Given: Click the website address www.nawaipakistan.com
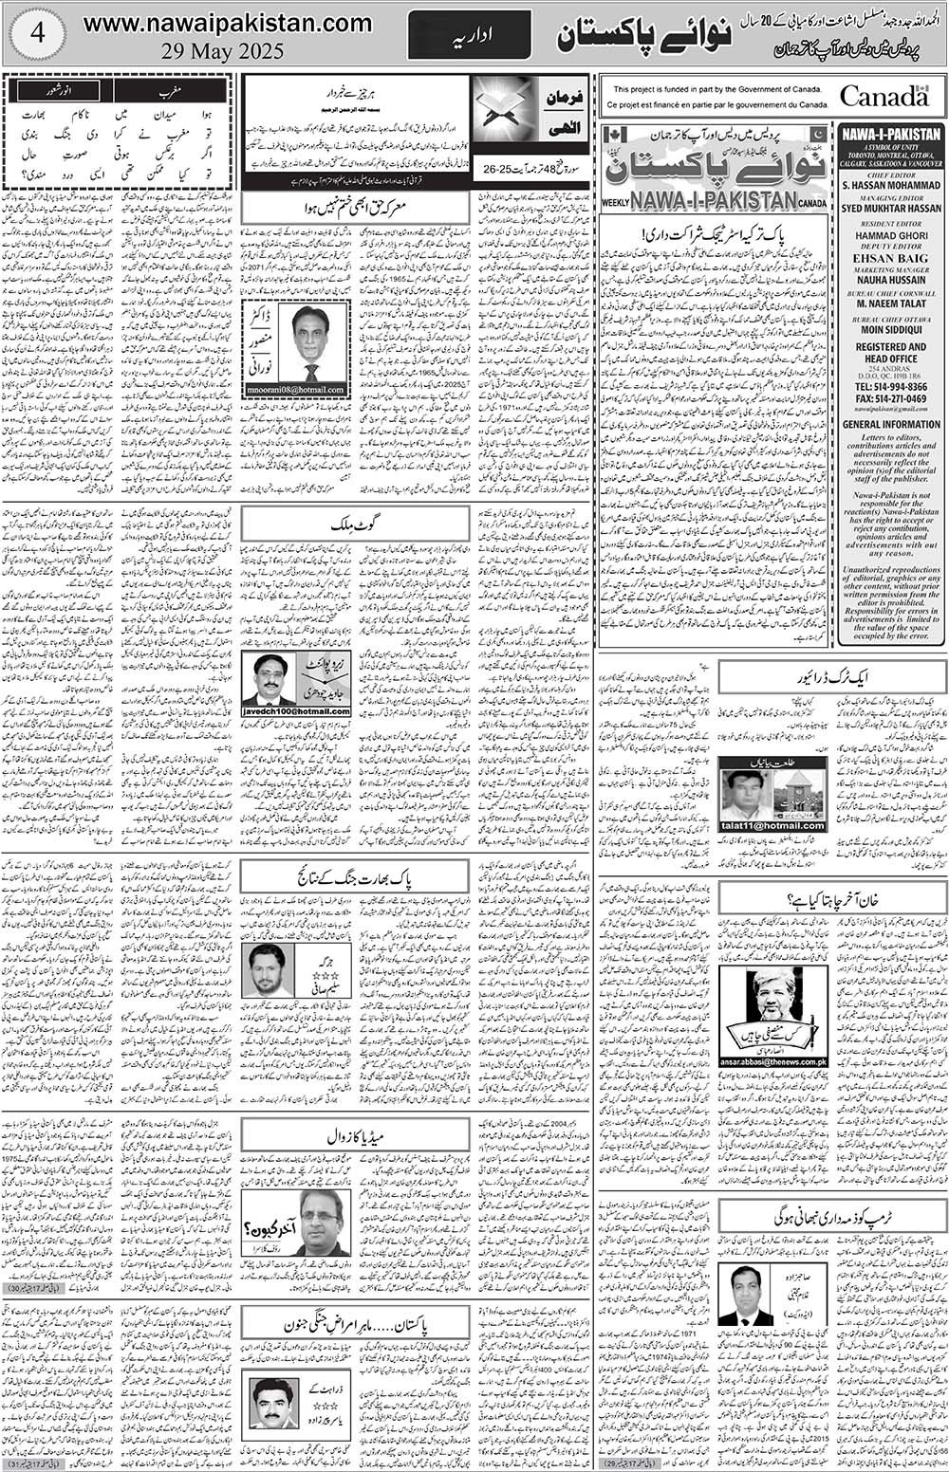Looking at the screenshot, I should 227,22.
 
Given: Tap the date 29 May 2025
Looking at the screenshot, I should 228,52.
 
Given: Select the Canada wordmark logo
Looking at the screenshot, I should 884,96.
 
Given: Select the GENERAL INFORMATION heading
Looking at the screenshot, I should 890,425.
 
